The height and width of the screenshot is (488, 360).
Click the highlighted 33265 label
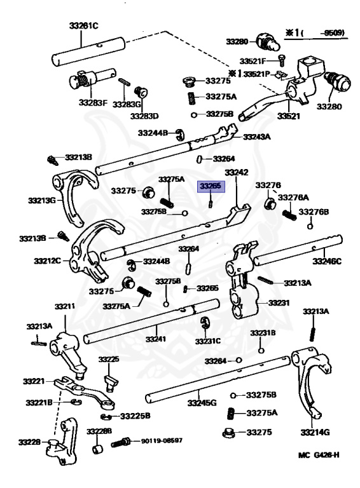[x=211, y=186]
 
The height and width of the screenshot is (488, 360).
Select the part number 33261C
[x=83, y=25]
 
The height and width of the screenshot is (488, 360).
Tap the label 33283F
[x=93, y=102]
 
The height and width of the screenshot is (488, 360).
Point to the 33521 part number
[x=288, y=116]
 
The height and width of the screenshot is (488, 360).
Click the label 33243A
[x=256, y=137]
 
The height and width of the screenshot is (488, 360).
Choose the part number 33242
[x=237, y=172]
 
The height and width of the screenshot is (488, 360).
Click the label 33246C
[x=327, y=261]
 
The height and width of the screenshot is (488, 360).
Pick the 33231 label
[x=279, y=302]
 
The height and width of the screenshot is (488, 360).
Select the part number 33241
[x=156, y=339]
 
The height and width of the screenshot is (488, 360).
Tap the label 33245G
[x=202, y=403]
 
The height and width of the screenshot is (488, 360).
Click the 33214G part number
[x=315, y=432]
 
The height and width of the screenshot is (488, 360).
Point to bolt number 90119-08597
[x=162, y=441]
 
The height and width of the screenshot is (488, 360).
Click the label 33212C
[x=47, y=261]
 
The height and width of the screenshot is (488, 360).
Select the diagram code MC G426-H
[x=319, y=455]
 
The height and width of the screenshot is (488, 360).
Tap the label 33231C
[x=208, y=341]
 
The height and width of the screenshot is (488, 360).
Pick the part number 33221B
[x=39, y=402]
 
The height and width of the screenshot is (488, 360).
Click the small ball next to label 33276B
[x=310, y=226]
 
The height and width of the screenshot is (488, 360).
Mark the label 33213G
[x=42, y=200]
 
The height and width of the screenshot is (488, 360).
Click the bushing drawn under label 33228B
[x=97, y=449]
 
